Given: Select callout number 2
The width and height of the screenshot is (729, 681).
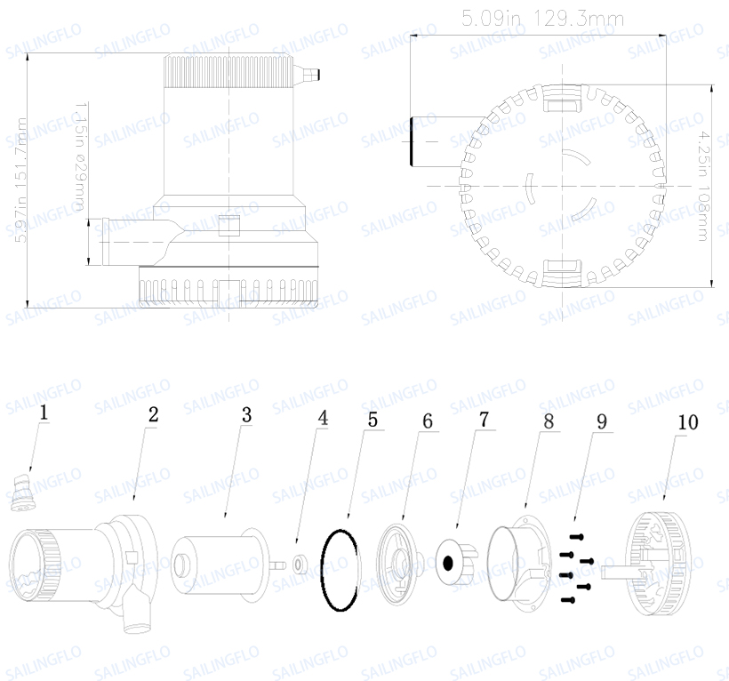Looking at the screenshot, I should click(x=153, y=414).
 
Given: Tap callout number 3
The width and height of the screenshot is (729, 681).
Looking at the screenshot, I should click(x=246, y=414).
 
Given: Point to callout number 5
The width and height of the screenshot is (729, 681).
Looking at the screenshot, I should click(x=373, y=419).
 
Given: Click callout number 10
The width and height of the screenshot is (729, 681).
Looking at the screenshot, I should click(x=687, y=421).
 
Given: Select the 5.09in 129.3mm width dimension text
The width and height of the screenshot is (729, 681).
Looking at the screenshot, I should click(x=542, y=18).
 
